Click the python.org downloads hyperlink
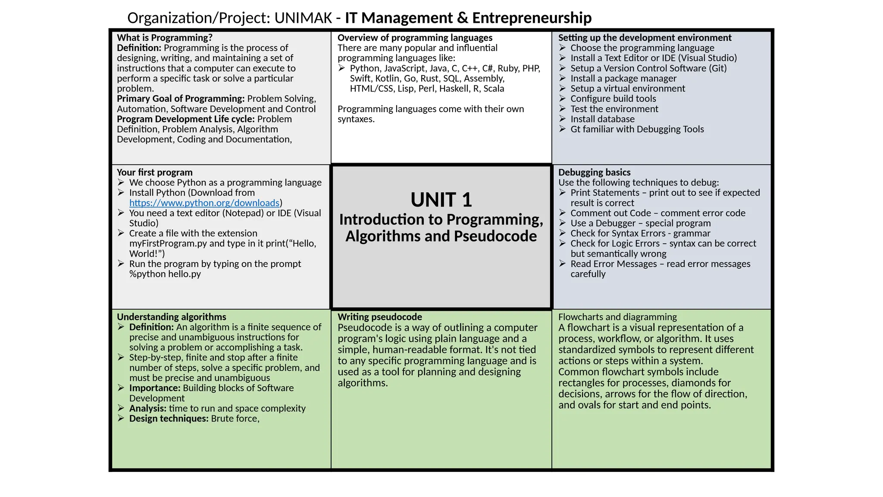(x=204, y=203)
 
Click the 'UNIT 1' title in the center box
(x=441, y=200)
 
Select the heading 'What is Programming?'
(x=165, y=38)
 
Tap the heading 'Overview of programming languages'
(x=415, y=38)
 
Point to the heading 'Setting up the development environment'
(x=645, y=38)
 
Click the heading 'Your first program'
(x=154, y=173)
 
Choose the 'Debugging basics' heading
(x=594, y=173)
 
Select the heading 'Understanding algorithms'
(x=171, y=317)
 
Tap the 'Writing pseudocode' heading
(x=379, y=317)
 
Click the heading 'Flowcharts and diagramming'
(x=617, y=317)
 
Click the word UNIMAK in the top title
(x=303, y=18)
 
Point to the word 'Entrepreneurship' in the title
(x=532, y=18)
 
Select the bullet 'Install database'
(x=602, y=119)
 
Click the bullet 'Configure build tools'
(x=613, y=99)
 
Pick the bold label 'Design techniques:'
(x=169, y=418)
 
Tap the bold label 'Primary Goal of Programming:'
(x=181, y=99)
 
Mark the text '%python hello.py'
(x=165, y=274)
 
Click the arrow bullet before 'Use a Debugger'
(x=562, y=223)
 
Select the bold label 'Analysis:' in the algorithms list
(x=147, y=409)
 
